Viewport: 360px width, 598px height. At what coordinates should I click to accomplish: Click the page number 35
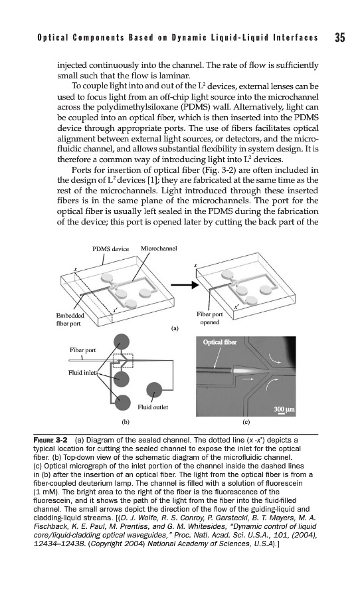[x=340, y=37]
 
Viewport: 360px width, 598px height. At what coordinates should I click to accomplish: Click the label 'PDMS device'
[x=111, y=249]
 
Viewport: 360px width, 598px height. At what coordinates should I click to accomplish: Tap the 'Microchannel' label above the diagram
[x=159, y=249]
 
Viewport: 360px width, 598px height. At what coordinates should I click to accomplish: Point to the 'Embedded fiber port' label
[x=70, y=320]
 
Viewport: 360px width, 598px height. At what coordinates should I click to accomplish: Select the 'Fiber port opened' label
[x=209, y=318]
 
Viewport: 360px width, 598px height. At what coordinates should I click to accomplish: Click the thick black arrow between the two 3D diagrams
[x=184, y=285]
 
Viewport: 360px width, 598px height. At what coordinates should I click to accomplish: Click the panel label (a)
[x=174, y=328]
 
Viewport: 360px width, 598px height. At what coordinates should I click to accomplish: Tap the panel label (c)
[x=246, y=422]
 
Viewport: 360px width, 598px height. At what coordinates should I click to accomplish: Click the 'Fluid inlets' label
[x=83, y=373]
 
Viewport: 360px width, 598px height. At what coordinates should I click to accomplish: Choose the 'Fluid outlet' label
[x=153, y=407]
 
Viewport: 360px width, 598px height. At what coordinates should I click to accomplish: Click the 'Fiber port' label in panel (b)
[x=83, y=350]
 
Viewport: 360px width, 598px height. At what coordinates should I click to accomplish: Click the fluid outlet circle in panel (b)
[x=155, y=389]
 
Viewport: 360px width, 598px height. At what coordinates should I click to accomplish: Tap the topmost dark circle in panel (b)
[x=122, y=341]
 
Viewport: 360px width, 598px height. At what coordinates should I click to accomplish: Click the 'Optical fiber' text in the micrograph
[x=220, y=342]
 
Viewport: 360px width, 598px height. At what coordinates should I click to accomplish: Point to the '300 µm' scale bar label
[x=284, y=409]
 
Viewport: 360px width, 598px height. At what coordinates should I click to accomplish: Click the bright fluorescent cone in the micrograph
[x=248, y=369]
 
